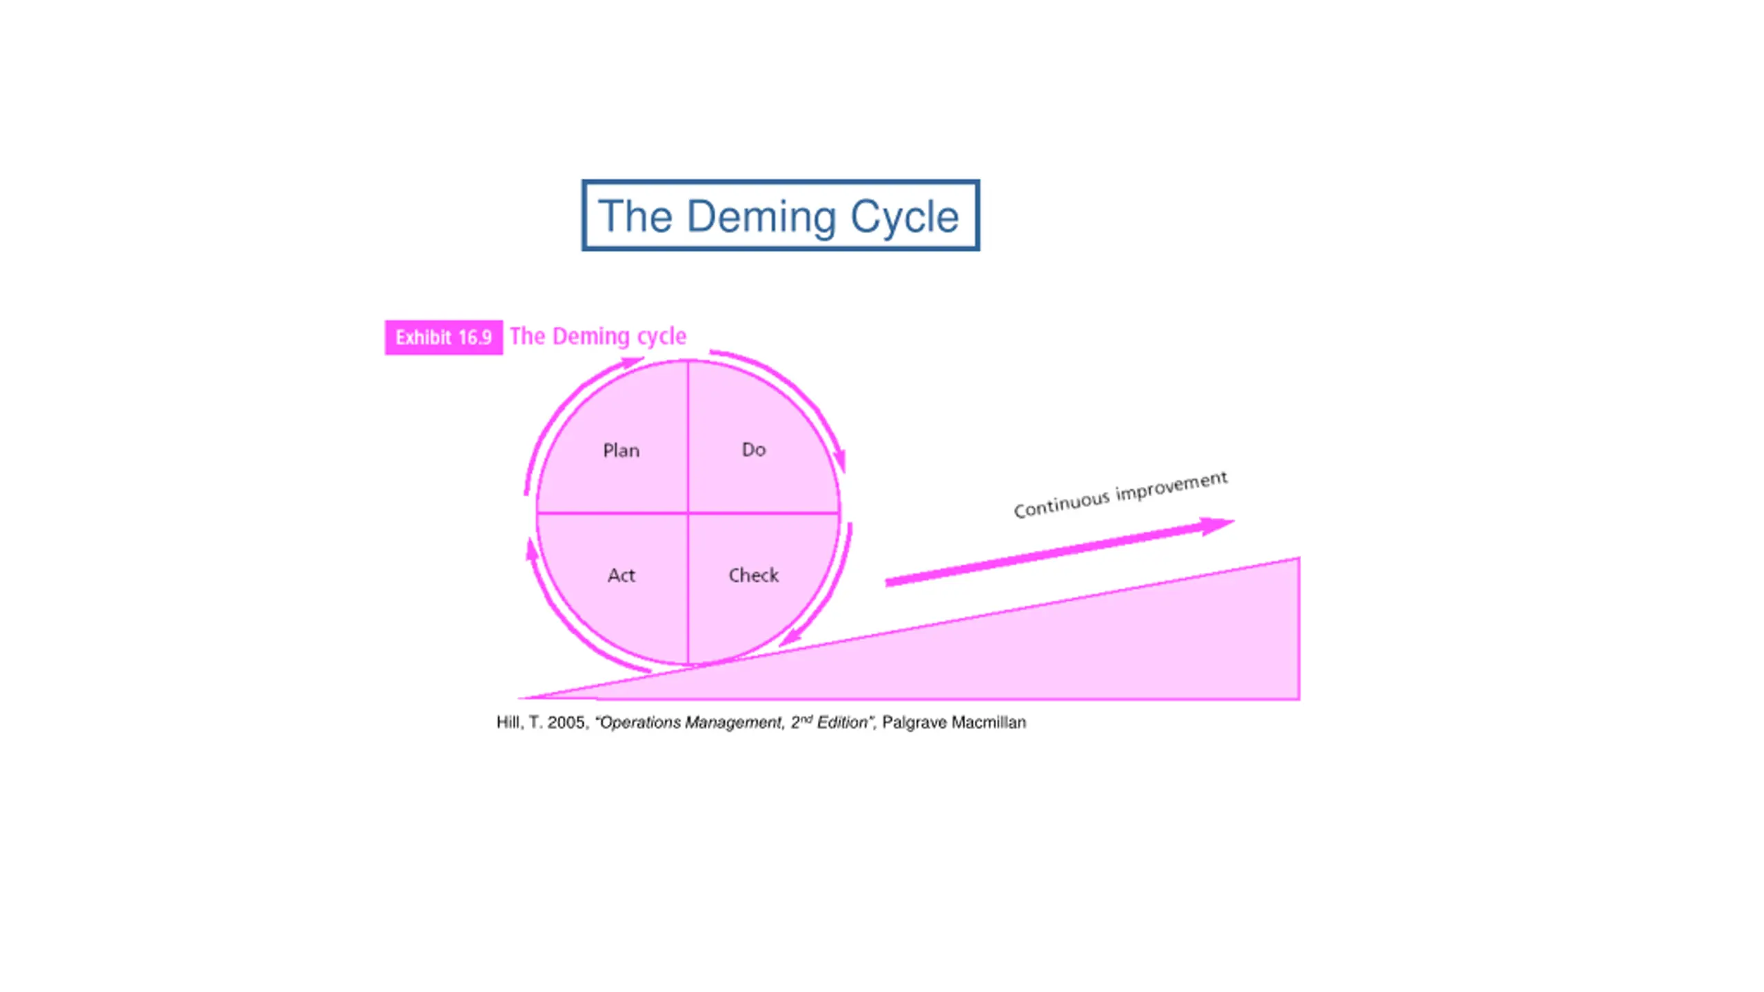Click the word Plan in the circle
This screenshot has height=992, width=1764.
621,451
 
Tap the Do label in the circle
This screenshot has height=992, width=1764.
753,450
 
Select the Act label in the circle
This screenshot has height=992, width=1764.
621,575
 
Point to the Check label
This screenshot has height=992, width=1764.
753,575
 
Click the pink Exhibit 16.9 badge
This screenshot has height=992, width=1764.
443,338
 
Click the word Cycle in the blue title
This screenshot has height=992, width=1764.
903,216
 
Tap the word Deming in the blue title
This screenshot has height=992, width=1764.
761,216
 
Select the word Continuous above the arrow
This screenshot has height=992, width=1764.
1061,503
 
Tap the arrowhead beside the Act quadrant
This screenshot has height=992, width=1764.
531,549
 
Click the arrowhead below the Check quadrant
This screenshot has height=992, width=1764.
789,638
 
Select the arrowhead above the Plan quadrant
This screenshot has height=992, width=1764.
633,362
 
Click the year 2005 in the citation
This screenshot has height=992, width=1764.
566,723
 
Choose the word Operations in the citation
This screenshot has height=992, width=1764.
641,723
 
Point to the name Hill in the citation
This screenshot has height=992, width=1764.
509,723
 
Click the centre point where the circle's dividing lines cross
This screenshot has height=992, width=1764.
688,513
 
